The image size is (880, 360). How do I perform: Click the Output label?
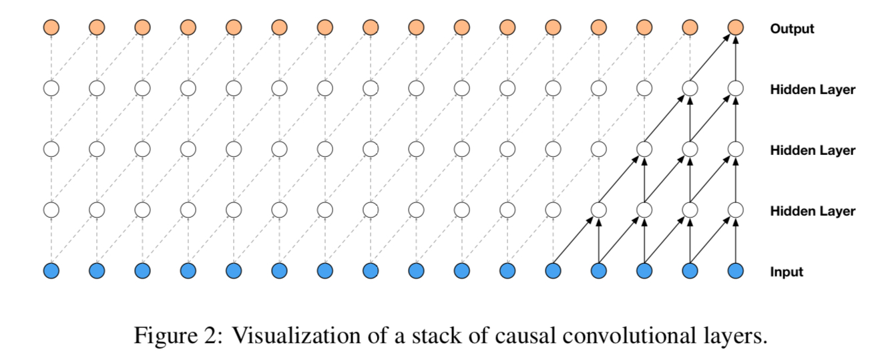pos(792,29)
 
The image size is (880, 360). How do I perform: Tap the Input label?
pos(787,272)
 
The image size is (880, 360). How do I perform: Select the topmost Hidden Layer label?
pos(812,89)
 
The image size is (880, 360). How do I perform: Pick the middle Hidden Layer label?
pos(812,150)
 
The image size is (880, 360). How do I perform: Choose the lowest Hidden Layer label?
pos(812,211)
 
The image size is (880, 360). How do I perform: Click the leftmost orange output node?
pos(51,27)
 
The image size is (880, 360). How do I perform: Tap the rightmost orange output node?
pos(735,27)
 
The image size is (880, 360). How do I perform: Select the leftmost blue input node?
pos(51,271)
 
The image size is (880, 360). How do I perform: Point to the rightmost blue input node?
pos(735,271)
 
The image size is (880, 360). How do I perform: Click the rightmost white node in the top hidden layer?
pos(735,88)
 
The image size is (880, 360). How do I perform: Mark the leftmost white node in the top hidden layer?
pos(51,88)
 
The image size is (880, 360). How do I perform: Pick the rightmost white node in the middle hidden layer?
pos(735,149)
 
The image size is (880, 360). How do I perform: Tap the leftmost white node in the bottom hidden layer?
pos(51,210)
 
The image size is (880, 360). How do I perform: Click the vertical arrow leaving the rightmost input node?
pos(735,240)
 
